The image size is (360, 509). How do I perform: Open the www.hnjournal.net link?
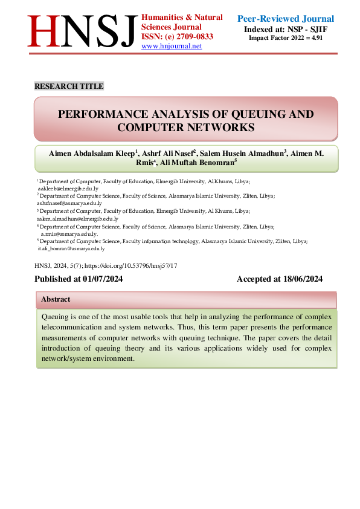pyautogui.click(x=172, y=46)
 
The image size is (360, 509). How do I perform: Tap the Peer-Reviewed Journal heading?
pyautogui.click(x=286, y=19)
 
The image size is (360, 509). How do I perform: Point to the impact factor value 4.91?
pyautogui.click(x=317, y=37)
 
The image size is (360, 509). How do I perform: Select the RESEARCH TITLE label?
pyautogui.click(x=69, y=86)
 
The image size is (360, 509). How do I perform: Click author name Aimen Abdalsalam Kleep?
pyautogui.click(x=92, y=154)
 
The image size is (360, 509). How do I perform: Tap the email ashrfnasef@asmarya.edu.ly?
pyautogui.click(x=69, y=204)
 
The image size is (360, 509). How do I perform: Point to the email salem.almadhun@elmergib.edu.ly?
pyautogui.click(x=77, y=219)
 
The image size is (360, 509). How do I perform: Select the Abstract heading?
pyautogui.click(x=56, y=299)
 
